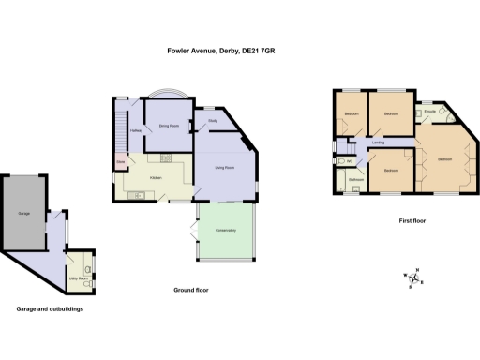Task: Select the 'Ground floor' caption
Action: click(190, 291)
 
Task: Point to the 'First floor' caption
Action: click(412, 221)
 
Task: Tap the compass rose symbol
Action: click(413, 277)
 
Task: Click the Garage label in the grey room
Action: click(23, 215)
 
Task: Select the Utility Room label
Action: click(78, 278)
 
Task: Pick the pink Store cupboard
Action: click(120, 162)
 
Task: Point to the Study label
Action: click(213, 120)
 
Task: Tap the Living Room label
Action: click(224, 168)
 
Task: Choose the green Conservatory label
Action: click(225, 231)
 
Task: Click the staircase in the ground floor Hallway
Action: click(120, 131)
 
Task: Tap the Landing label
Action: click(378, 142)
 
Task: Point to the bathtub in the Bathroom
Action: click(357, 187)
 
